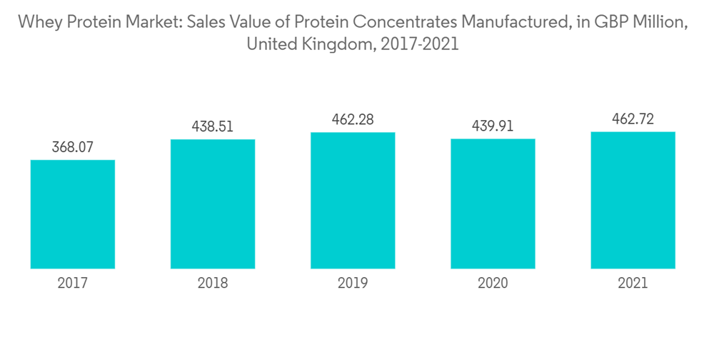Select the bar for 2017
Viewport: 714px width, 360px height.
point(73,214)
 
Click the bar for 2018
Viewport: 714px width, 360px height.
point(213,204)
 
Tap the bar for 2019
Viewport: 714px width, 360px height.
point(353,200)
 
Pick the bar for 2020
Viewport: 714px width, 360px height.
point(493,204)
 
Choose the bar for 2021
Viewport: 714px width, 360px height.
point(633,200)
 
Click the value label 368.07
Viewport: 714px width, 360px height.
point(73,148)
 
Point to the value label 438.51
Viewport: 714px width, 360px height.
point(213,127)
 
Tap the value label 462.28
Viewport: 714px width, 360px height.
point(353,120)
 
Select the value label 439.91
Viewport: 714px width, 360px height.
point(493,127)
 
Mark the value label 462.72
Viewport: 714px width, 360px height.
point(633,119)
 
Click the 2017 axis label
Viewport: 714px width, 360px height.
point(73,284)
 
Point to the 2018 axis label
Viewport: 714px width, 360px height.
point(213,284)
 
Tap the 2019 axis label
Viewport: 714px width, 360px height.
point(353,284)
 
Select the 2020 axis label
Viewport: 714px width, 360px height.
point(493,284)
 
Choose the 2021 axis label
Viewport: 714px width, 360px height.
point(633,284)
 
